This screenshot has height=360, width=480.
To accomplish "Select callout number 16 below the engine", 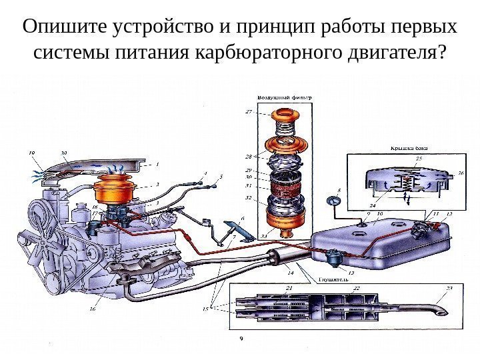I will (x=93, y=309).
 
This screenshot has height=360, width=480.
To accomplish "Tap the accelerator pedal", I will (x=235, y=229).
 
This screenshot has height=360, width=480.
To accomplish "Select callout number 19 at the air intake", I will (x=31, y=153).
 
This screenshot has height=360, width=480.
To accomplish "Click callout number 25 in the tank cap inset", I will (x=419, y=158).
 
